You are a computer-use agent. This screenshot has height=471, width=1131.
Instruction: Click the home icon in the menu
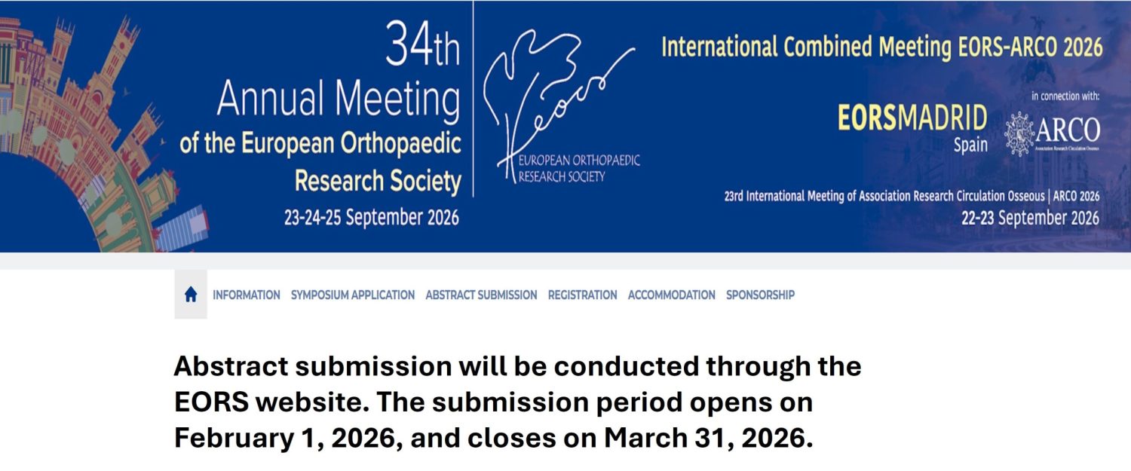191,295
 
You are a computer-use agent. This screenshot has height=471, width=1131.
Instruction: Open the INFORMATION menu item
247,295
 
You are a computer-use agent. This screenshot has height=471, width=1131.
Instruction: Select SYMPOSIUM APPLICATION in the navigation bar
353,295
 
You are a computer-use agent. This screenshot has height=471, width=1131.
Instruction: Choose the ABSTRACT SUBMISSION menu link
481,295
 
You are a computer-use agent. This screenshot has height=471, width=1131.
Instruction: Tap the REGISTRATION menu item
582,295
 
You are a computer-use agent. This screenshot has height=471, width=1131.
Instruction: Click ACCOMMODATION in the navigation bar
671,295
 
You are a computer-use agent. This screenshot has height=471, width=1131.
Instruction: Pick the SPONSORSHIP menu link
760,295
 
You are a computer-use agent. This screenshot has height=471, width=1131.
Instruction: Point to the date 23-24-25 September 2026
371,218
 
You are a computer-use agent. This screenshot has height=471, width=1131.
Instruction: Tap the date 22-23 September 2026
1030,219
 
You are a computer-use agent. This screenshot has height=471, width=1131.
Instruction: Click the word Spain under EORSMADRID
970,145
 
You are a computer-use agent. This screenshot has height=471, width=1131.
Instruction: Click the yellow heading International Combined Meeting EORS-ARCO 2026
881,47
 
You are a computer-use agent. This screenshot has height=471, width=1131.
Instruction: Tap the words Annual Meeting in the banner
339,99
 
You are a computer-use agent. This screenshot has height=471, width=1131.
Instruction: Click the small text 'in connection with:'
1065,96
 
